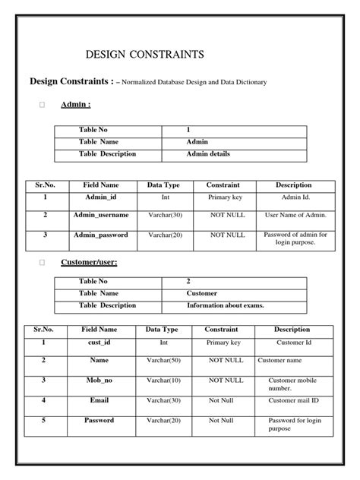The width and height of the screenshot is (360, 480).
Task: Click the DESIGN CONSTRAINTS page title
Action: coord(144,55)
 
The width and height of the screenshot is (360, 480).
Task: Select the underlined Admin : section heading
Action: coord(76,105)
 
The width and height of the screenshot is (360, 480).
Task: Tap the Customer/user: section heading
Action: coord(89,262)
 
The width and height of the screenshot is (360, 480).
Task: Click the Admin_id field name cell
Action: coord(100,197)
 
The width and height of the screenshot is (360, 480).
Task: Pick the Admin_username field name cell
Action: coord(100,215)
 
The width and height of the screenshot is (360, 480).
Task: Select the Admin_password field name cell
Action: coord(100,235)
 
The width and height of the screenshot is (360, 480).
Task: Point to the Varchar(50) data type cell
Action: coord(163,360)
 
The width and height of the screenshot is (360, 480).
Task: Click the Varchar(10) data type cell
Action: coord(163,380)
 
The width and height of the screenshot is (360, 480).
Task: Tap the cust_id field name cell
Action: coord(99,343)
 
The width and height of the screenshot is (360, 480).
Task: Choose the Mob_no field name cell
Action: coord(99,380)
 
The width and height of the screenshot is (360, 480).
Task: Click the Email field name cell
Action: coord(99,400)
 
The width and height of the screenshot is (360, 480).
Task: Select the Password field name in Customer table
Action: coord(99,420)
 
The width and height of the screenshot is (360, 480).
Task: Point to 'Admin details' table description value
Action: coord(208,153)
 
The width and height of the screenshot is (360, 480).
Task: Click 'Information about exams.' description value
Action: coord(226,305)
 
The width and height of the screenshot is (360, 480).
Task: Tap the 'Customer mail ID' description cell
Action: coord(293,400)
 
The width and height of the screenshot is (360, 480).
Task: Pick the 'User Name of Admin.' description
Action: coord(295,215)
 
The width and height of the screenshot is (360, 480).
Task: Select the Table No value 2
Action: coord(188,281)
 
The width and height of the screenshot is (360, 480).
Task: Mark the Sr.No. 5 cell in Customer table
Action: coord(44,420)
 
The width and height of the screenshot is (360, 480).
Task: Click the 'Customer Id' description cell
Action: coord(292,343)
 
